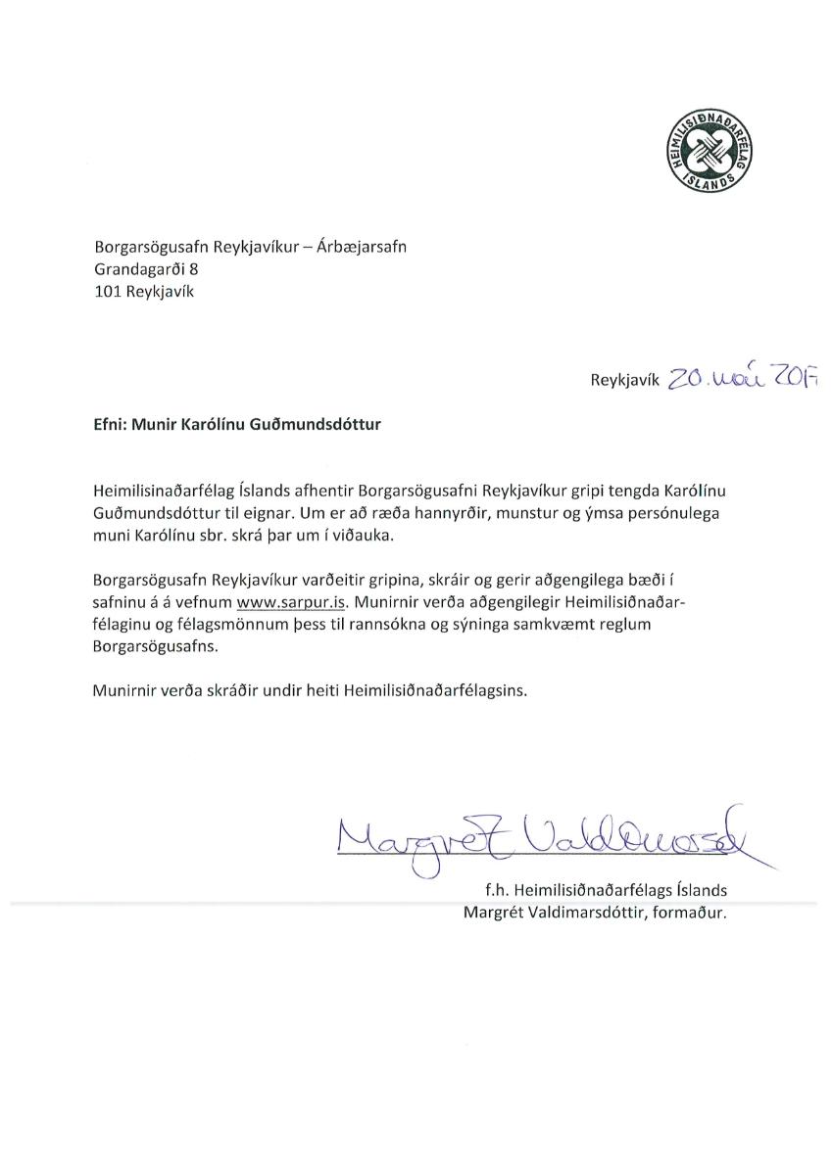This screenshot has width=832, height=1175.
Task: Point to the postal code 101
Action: coord(108,291)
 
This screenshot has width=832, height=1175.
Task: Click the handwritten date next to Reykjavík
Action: coord(742,378)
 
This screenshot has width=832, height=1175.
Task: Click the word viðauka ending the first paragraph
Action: coord(363,535)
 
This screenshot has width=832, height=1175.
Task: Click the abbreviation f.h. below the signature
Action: coord(483,892)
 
